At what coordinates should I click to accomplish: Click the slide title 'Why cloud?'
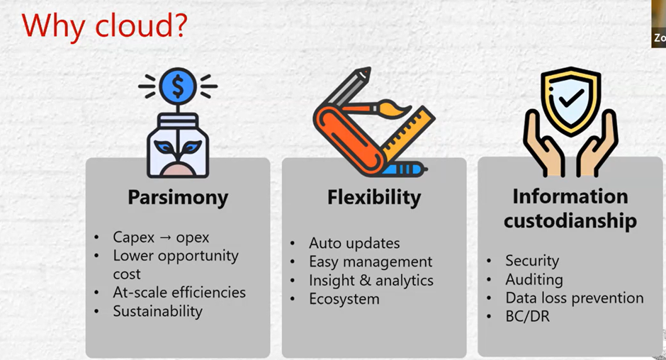(104, 26)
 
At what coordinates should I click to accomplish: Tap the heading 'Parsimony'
(178, 198)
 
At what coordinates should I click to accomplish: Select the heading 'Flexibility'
(374, 198)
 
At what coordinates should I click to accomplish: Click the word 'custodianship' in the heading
(570, 221)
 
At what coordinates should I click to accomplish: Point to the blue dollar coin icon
(178, 86)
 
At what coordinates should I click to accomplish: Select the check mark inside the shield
(571, 99)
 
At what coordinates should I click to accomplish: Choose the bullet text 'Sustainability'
(157, 312)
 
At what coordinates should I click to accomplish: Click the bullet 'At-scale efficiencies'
(179, 293)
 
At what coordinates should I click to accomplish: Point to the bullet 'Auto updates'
(354, 243)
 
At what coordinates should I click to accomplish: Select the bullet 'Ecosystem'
(344, 299)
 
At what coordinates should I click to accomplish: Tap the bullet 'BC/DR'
(528, 317)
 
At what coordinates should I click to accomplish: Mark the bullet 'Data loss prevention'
(575, 298)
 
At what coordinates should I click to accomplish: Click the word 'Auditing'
(534, 280)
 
